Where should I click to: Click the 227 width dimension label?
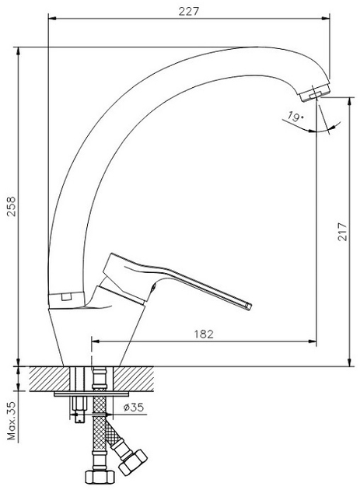[x=189, y=11]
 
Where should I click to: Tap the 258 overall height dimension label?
[x=11, y=206]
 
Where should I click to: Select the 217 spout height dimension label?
[x=342, y=232]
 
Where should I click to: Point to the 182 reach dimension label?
[x=204, y=334]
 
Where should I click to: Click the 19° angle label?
[x=295, y=117]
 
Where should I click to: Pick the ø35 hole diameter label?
[x=134, y=408]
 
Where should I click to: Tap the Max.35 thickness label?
[x=12, y=421]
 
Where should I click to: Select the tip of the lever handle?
[x=248, y=306]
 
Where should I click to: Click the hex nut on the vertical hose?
[x=99, y=476]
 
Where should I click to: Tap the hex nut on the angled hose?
[x=133, y=463]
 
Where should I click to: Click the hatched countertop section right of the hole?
[x=134, y=379]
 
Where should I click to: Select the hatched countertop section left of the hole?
[x=50, y=379]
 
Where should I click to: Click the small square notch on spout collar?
[x=66, y=296]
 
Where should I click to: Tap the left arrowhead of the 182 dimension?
[x=96, y=341]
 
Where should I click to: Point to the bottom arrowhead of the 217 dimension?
[x=350, y=362]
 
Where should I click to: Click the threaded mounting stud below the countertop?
[x=79, y=409]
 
